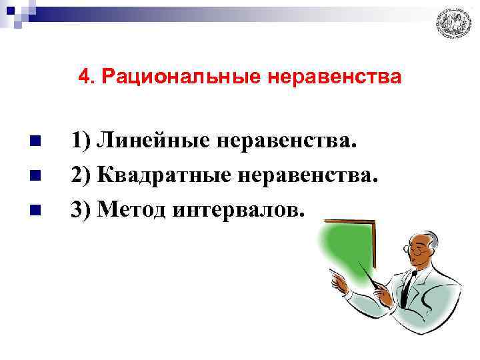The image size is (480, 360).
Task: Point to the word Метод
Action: coord(131,210)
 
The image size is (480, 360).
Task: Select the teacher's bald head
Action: coord(427,235)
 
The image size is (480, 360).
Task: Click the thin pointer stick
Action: coord(371,277)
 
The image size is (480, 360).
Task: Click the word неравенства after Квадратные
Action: coord(307,176)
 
